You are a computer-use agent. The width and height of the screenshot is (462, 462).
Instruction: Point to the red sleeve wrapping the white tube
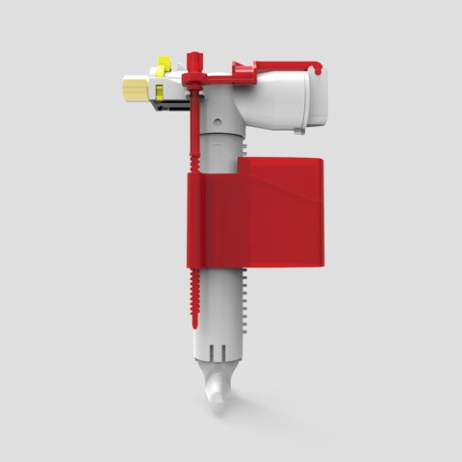(x=207, y=221)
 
